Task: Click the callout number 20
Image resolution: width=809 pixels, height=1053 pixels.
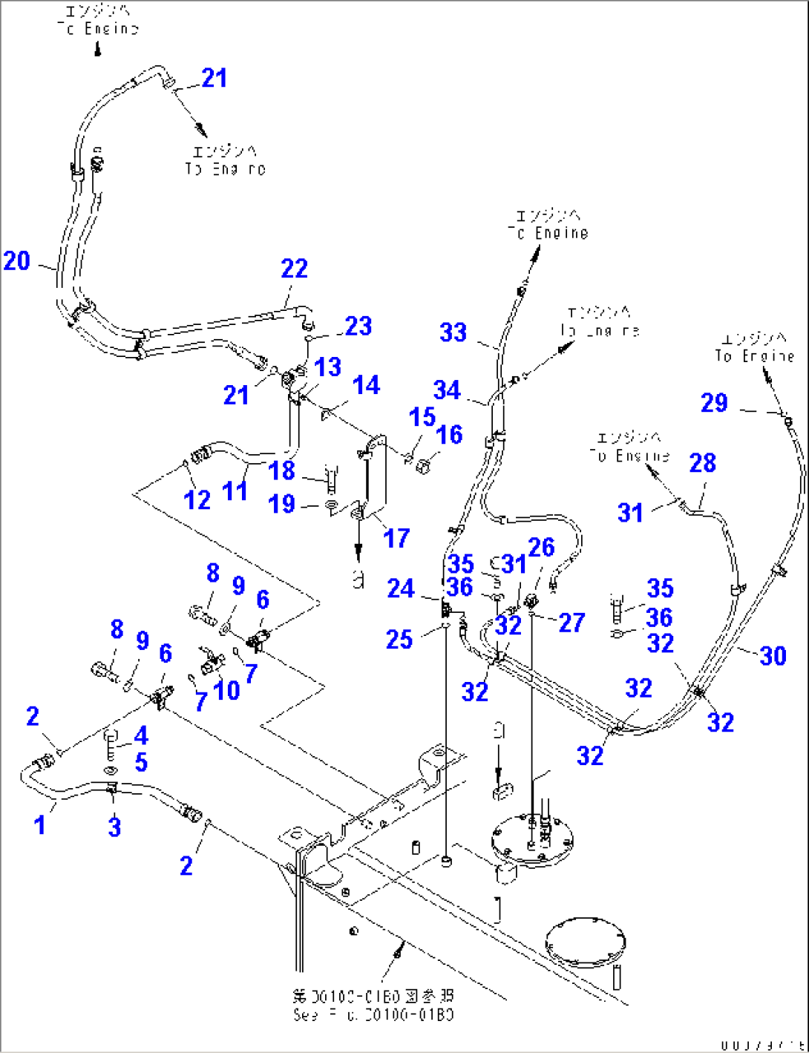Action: (16, 261)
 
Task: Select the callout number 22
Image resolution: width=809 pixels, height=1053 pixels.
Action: (294, 269)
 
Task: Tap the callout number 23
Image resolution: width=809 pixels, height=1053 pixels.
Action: (358, 326)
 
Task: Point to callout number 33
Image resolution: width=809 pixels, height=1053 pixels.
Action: (453, 332)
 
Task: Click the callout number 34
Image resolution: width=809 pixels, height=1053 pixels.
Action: (447, 390)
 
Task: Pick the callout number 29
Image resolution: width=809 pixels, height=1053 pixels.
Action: (714, 403)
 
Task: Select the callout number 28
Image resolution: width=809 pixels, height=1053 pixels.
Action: (702, 463)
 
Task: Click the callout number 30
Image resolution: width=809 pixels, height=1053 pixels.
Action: (773, 655)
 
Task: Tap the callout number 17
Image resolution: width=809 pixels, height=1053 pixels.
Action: (396, 538)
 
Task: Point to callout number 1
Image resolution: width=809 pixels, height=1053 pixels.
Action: (40, 824)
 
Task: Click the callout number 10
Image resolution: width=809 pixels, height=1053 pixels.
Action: (226, 691)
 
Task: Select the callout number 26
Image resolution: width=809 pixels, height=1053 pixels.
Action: (541, 548)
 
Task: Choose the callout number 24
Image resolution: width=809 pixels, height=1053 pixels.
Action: (400, 588)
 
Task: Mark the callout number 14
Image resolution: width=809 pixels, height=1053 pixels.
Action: (366, 385)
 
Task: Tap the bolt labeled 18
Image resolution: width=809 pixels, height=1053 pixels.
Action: (331, 478)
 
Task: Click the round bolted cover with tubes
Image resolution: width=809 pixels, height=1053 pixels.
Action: (534, 840)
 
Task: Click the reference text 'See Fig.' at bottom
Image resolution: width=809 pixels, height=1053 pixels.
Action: (373, 1014)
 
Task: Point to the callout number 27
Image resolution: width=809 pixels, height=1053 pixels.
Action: (571, 623)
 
